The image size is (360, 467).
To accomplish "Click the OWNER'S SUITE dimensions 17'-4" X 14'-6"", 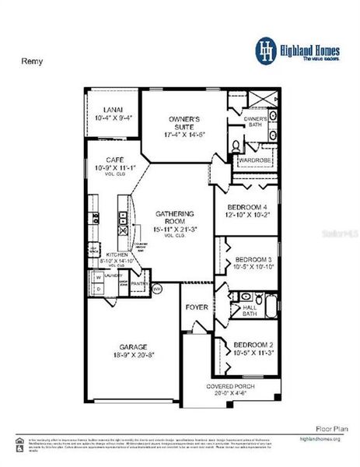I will pos(185,135).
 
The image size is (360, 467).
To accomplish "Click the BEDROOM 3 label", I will pos(253,258).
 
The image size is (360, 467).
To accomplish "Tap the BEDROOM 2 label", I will pos(253,344).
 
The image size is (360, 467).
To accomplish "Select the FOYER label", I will pos(196,307).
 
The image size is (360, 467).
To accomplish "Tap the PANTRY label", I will pos(139,284).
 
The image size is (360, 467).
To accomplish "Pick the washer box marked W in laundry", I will pos(98,276).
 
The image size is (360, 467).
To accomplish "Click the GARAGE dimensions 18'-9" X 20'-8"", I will pos(134,354).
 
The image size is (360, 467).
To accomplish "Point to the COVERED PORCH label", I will pos(230,387).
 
